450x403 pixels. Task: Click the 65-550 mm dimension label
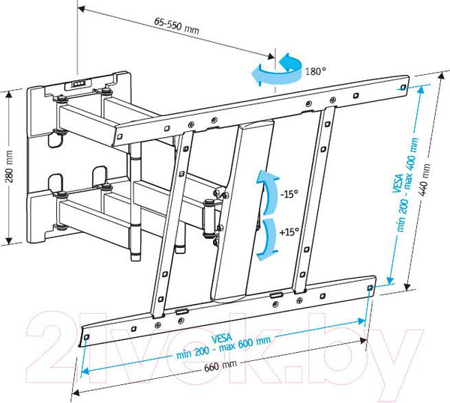click(x=176, y=25)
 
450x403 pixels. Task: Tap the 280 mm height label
click(x=9, y=166)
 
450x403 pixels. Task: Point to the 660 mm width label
click(x=220, y=366)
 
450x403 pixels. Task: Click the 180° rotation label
click(x=316, y=71)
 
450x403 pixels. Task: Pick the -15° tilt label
click(x=289, y=194)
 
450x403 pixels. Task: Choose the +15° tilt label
click(x=289, y=231)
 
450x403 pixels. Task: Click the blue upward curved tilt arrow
click(x=267, y=192)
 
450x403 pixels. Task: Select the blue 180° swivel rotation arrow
click(x=276, y=70)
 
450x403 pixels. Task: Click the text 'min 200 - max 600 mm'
click(x=223, y=348)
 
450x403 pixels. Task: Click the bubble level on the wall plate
click(x=78, y=84)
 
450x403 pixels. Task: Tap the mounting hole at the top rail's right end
click(x=403, y=87)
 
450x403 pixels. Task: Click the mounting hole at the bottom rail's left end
click(x=87, y=337)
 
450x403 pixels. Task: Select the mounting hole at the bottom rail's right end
click(x=370, y=288)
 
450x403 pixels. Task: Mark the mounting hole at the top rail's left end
click(x=120, y=137)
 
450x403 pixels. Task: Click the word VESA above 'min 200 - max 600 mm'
click(x=221, y=339)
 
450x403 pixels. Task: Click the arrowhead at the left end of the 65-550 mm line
click(x=82, y=9)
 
